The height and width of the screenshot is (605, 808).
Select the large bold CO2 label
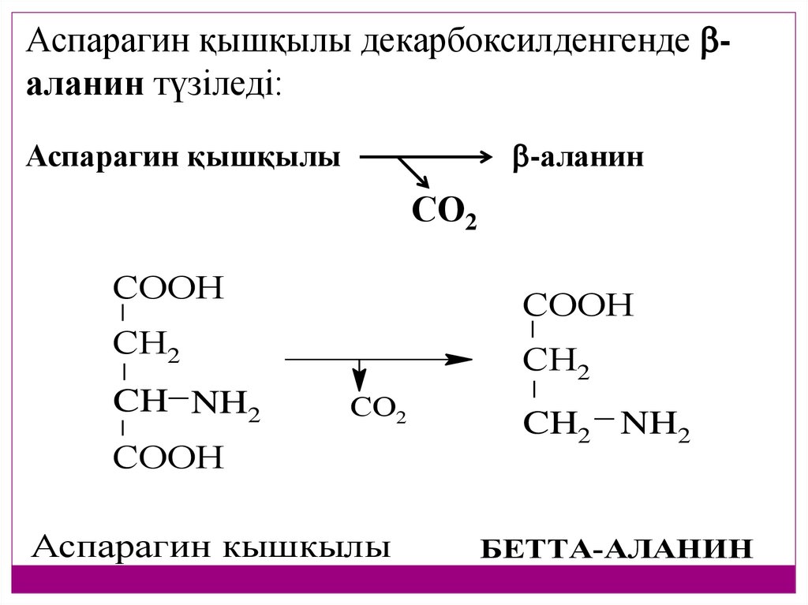[x=444, y=211]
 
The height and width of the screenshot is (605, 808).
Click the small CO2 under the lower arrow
[x=378, y=410]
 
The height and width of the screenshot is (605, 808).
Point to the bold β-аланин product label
[x=578, y=157]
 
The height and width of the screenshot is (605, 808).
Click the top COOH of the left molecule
[x=169, y=289]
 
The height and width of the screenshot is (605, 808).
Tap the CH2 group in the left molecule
[x=147, y=345]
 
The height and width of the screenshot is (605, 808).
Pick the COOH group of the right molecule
[x=578, y=305]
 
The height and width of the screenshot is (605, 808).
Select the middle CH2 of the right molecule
[x=556, y=362]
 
